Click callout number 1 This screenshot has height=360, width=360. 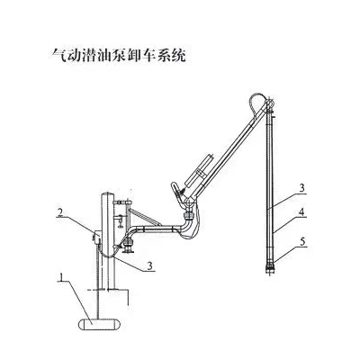tap(61, 277)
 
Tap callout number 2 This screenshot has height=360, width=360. tap(60, 212)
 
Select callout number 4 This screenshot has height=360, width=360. tap(301, 212)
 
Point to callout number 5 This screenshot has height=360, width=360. tap(302, 242)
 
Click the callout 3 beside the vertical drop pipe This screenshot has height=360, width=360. tap(301, 188)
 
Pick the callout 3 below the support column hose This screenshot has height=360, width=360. tap(150, 265)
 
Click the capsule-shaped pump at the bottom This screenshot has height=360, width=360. tap(99, 324)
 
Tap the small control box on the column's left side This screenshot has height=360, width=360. tap(96, 237)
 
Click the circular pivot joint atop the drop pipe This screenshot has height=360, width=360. tap(269, 103)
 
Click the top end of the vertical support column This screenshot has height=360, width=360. tap(108, 193)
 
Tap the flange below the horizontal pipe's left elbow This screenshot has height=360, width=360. tap(130, 247)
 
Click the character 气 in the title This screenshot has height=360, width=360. tap(58, 56)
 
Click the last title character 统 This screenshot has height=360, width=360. tap(178, 56)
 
